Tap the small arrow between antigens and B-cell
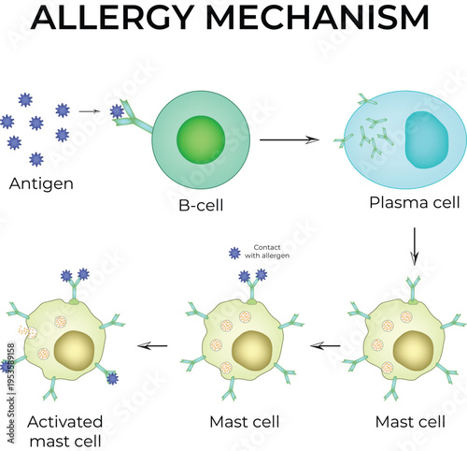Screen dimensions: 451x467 click(x=89, y=111)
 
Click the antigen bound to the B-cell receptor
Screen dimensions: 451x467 click(x=117, y=112)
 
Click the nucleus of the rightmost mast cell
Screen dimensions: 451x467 click(x=411, y=352)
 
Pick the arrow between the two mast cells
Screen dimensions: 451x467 click(x=326, y=345)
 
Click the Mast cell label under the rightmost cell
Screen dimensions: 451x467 click(x=408, y=422)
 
